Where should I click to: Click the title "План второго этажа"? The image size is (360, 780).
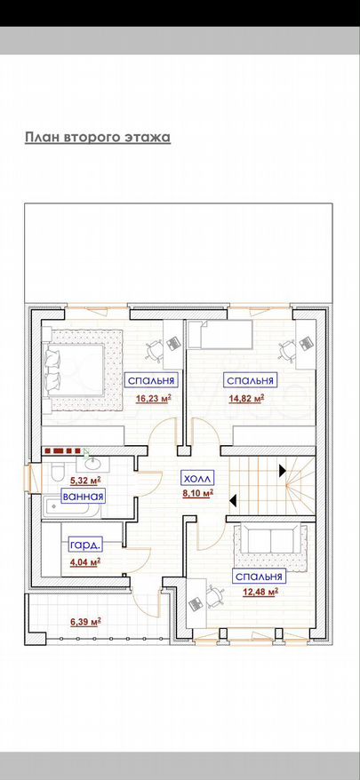tap(98, 138)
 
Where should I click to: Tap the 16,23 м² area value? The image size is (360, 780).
tap(154, 398)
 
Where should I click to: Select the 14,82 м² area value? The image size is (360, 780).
tap(245, 398)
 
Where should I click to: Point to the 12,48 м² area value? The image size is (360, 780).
tap(260, 592)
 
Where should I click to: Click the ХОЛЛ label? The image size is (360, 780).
tap(197, 479)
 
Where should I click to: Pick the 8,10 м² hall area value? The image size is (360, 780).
tap(198, 493)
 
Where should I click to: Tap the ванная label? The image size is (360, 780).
tap(84, 496)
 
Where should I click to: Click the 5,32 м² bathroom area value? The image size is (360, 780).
tap(85, 481)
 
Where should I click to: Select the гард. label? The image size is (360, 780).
tap(85, 545)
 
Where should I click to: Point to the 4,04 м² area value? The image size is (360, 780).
tap(85, 561)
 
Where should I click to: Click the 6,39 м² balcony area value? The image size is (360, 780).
tap(86, 621)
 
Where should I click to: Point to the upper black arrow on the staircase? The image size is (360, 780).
tap(283, 469)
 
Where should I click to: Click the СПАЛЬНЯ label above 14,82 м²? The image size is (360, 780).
tap(251, 381)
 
